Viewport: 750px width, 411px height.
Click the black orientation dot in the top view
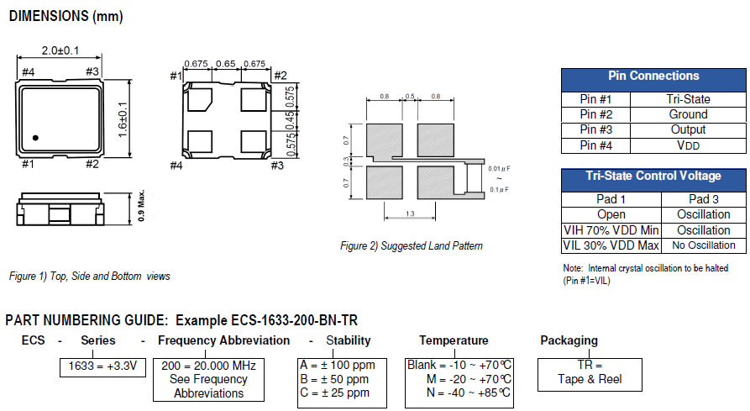click(x=35, y=137)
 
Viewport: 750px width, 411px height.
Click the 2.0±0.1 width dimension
click(x=60, y=50)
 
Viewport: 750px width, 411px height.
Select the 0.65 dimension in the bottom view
click(x=225, y=63)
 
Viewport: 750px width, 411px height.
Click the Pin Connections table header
click(x=653, y=76)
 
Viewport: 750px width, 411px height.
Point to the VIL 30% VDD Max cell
click(x=611, y=245)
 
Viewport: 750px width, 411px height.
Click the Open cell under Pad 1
click(x=611, y=214)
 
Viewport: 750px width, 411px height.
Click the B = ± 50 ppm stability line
click(x=335, y=380)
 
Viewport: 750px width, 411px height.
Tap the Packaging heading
click(x=569, y=340)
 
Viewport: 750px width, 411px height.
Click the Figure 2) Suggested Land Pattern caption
click(x=411, y=245)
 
